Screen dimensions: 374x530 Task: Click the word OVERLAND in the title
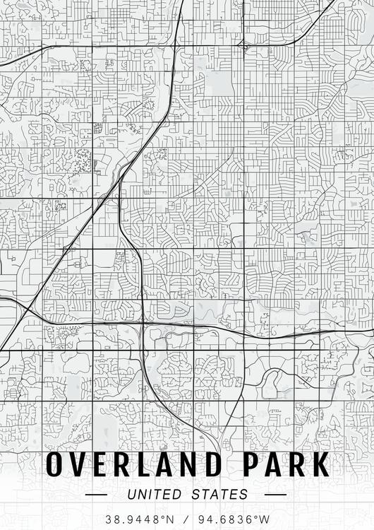(x=138, y=465)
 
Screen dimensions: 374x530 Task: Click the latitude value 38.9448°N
(x=138, y=519)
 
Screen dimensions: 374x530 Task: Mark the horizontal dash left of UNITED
(x=96, y=495)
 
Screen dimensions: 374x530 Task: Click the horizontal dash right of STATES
(x=276, y=495)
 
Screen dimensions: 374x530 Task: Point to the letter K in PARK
(x=320, y=465)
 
